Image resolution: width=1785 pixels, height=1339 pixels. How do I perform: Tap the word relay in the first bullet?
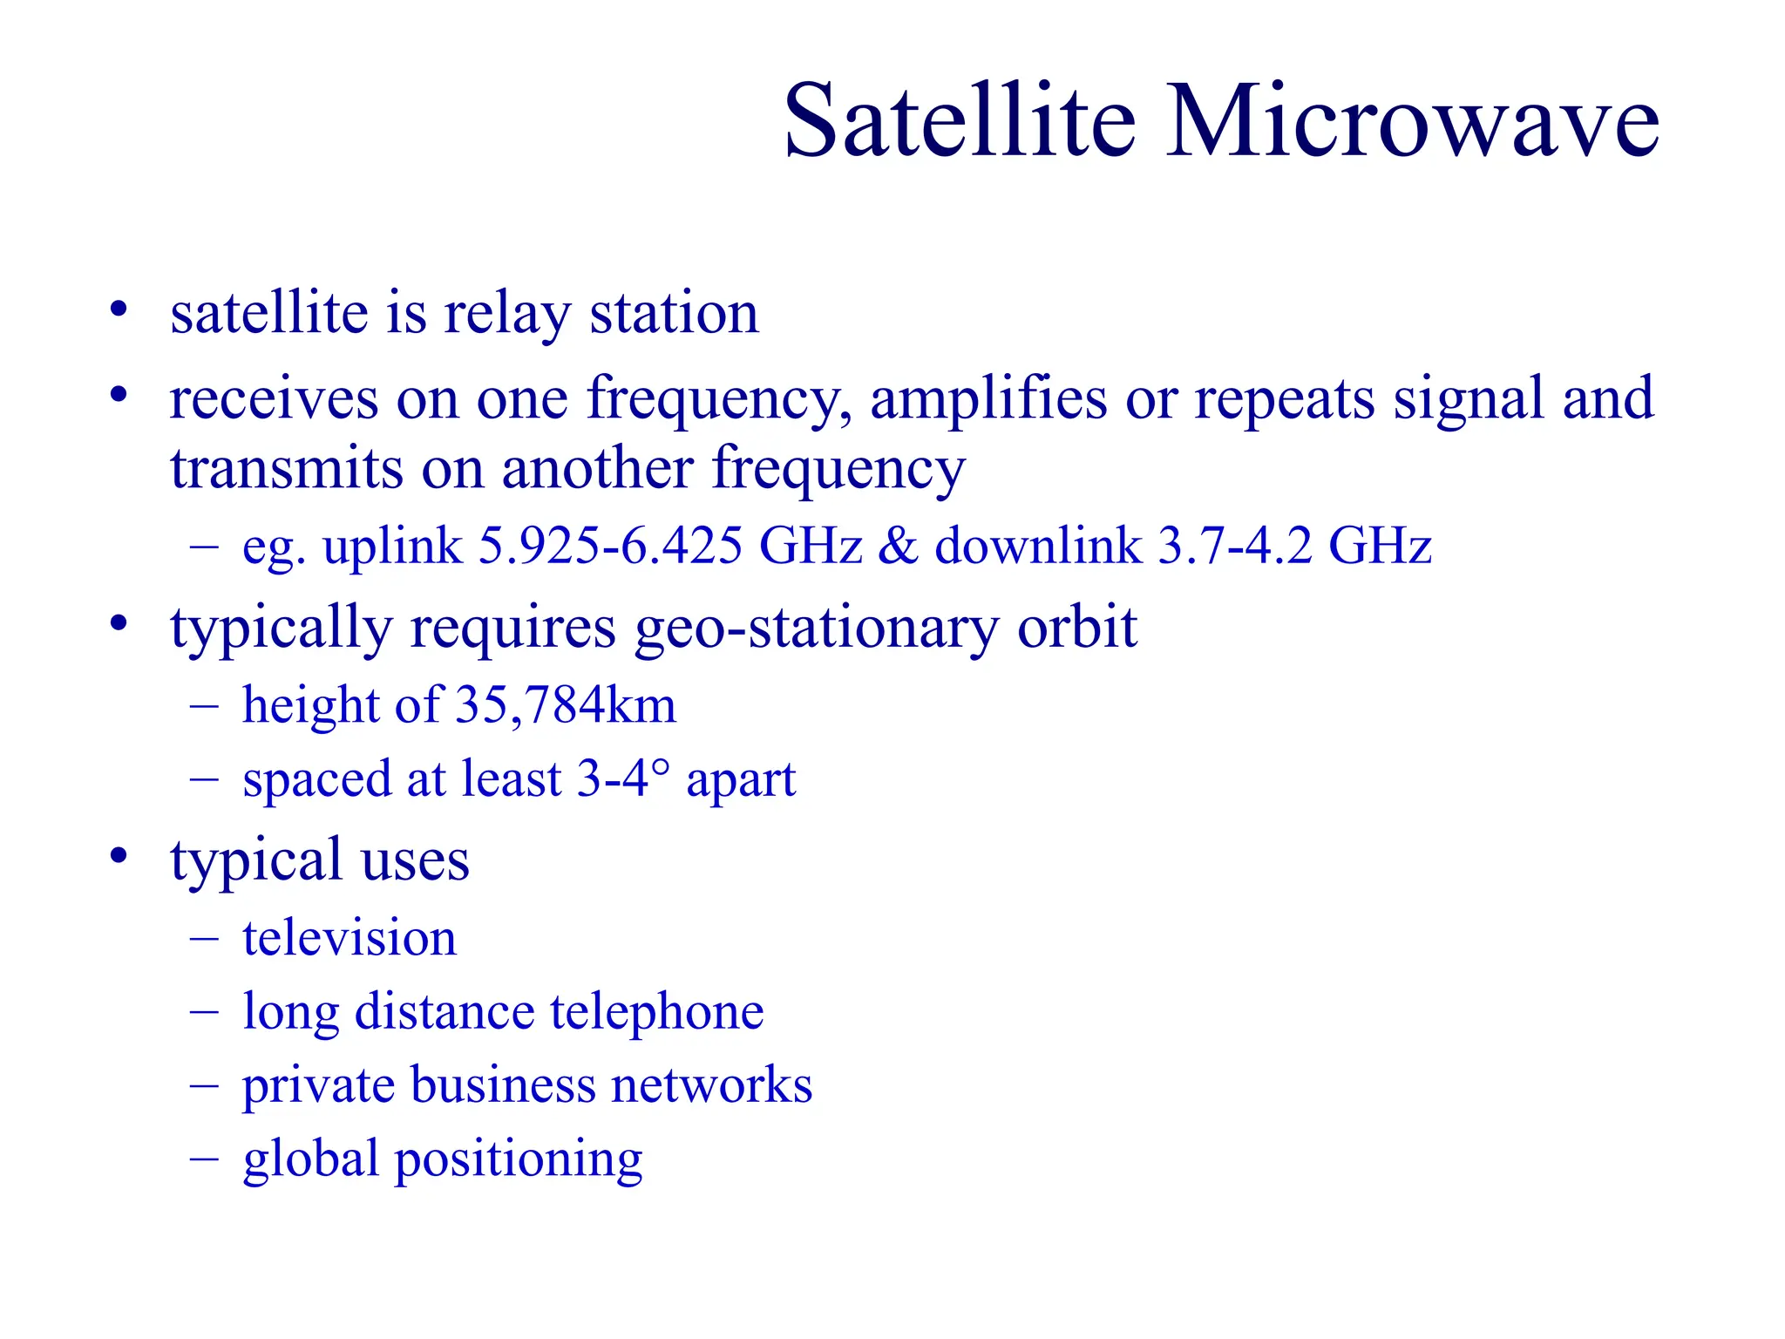pyautogui.click(x=506, y=314)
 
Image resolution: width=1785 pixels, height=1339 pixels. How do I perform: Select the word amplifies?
pyautogui.click(x=988, y=399)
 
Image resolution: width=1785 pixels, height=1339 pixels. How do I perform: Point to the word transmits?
pyautogui.click(x=286, y=469)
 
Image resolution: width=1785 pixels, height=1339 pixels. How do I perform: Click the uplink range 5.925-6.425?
pyautogui.click(x=610, y=547)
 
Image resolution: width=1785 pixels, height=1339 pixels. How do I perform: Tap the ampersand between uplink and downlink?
pyautogui.click(x=898, y=547)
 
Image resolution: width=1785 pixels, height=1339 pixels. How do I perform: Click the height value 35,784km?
pyautogui.click(x=566, y=705)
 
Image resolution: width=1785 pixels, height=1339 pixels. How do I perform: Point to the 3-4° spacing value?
pyautogui.click(x=623, y=778)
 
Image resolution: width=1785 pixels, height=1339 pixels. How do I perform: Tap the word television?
pyautogui.click(x=350, y=939)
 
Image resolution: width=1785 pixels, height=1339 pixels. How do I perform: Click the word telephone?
pyautogui.click(x=656, y=1012)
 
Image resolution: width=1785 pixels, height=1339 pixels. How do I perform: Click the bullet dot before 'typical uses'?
pyautogui.click(x=119, y=855)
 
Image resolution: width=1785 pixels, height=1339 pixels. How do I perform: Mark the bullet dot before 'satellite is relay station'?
pyautogui.click(x=119, y=309)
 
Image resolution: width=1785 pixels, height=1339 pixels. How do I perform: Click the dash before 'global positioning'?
pyautogui.click(x=203, y=1159)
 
